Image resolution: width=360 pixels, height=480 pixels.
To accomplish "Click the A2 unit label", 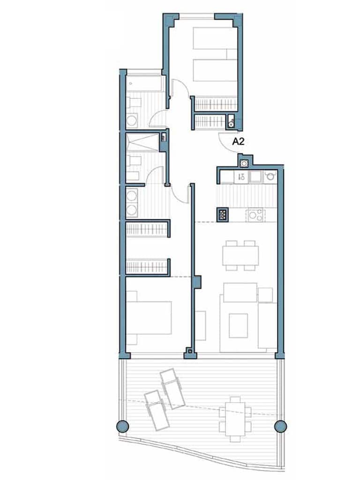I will [239, 140].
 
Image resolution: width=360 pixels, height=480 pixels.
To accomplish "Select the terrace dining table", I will [235, 419].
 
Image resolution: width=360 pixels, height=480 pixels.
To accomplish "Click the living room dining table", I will [240, 255].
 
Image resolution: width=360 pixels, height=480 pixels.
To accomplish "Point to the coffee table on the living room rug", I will [238, 325].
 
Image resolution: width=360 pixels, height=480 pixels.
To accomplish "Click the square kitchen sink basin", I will [256, 177].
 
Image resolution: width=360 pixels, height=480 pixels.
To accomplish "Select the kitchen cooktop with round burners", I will [255, 215].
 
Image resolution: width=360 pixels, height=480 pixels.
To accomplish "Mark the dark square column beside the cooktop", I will [223, 214].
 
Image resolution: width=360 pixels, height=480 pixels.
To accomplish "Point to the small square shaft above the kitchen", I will [244, 163].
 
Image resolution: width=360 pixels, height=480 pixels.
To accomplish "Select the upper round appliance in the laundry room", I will [132, 195].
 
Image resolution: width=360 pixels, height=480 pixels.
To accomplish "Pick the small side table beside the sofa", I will [265, 294].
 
